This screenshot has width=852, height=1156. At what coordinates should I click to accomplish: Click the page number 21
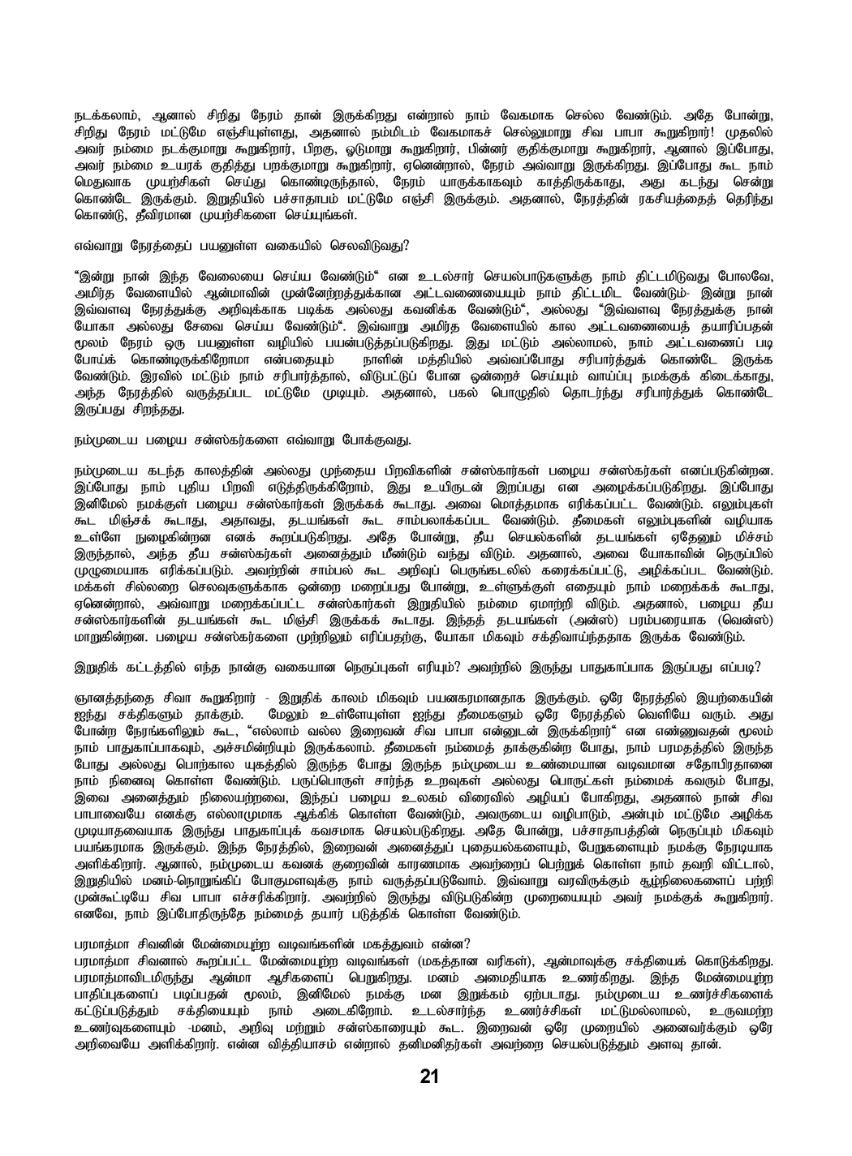(x=429, y=1077)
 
